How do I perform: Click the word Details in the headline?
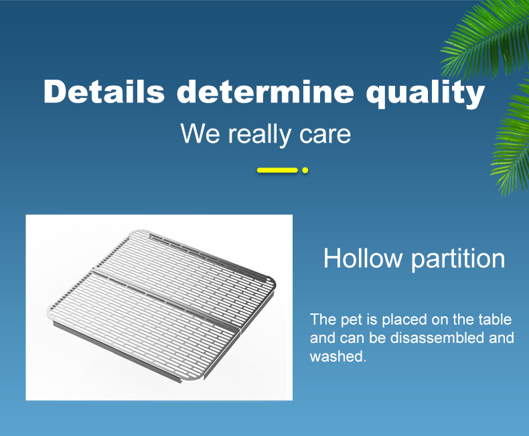point(104,92)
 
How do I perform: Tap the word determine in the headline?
point(266,92)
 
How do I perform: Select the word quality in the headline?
point(425,94)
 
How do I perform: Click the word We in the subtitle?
point(200,134)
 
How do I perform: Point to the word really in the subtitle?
point(259,135)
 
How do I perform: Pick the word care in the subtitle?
point(325,135)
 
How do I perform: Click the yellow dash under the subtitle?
point(277,170)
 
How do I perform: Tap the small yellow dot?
point(305,170)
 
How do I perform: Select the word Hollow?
point(363,258)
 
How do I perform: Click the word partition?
point(458,259)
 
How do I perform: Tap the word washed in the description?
point(337,356)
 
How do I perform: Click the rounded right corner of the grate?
point(272,283)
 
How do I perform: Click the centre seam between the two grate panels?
point(166,299)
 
